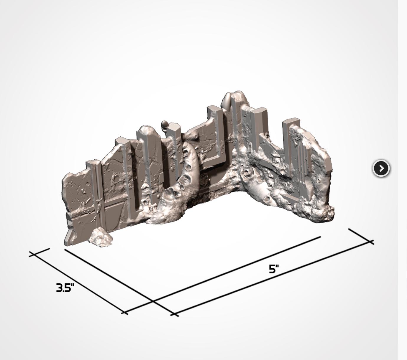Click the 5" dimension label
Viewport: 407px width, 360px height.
274,269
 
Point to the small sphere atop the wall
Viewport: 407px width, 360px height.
165,124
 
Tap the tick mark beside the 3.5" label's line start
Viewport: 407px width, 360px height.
40,252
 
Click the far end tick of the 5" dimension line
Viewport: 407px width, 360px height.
361,236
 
